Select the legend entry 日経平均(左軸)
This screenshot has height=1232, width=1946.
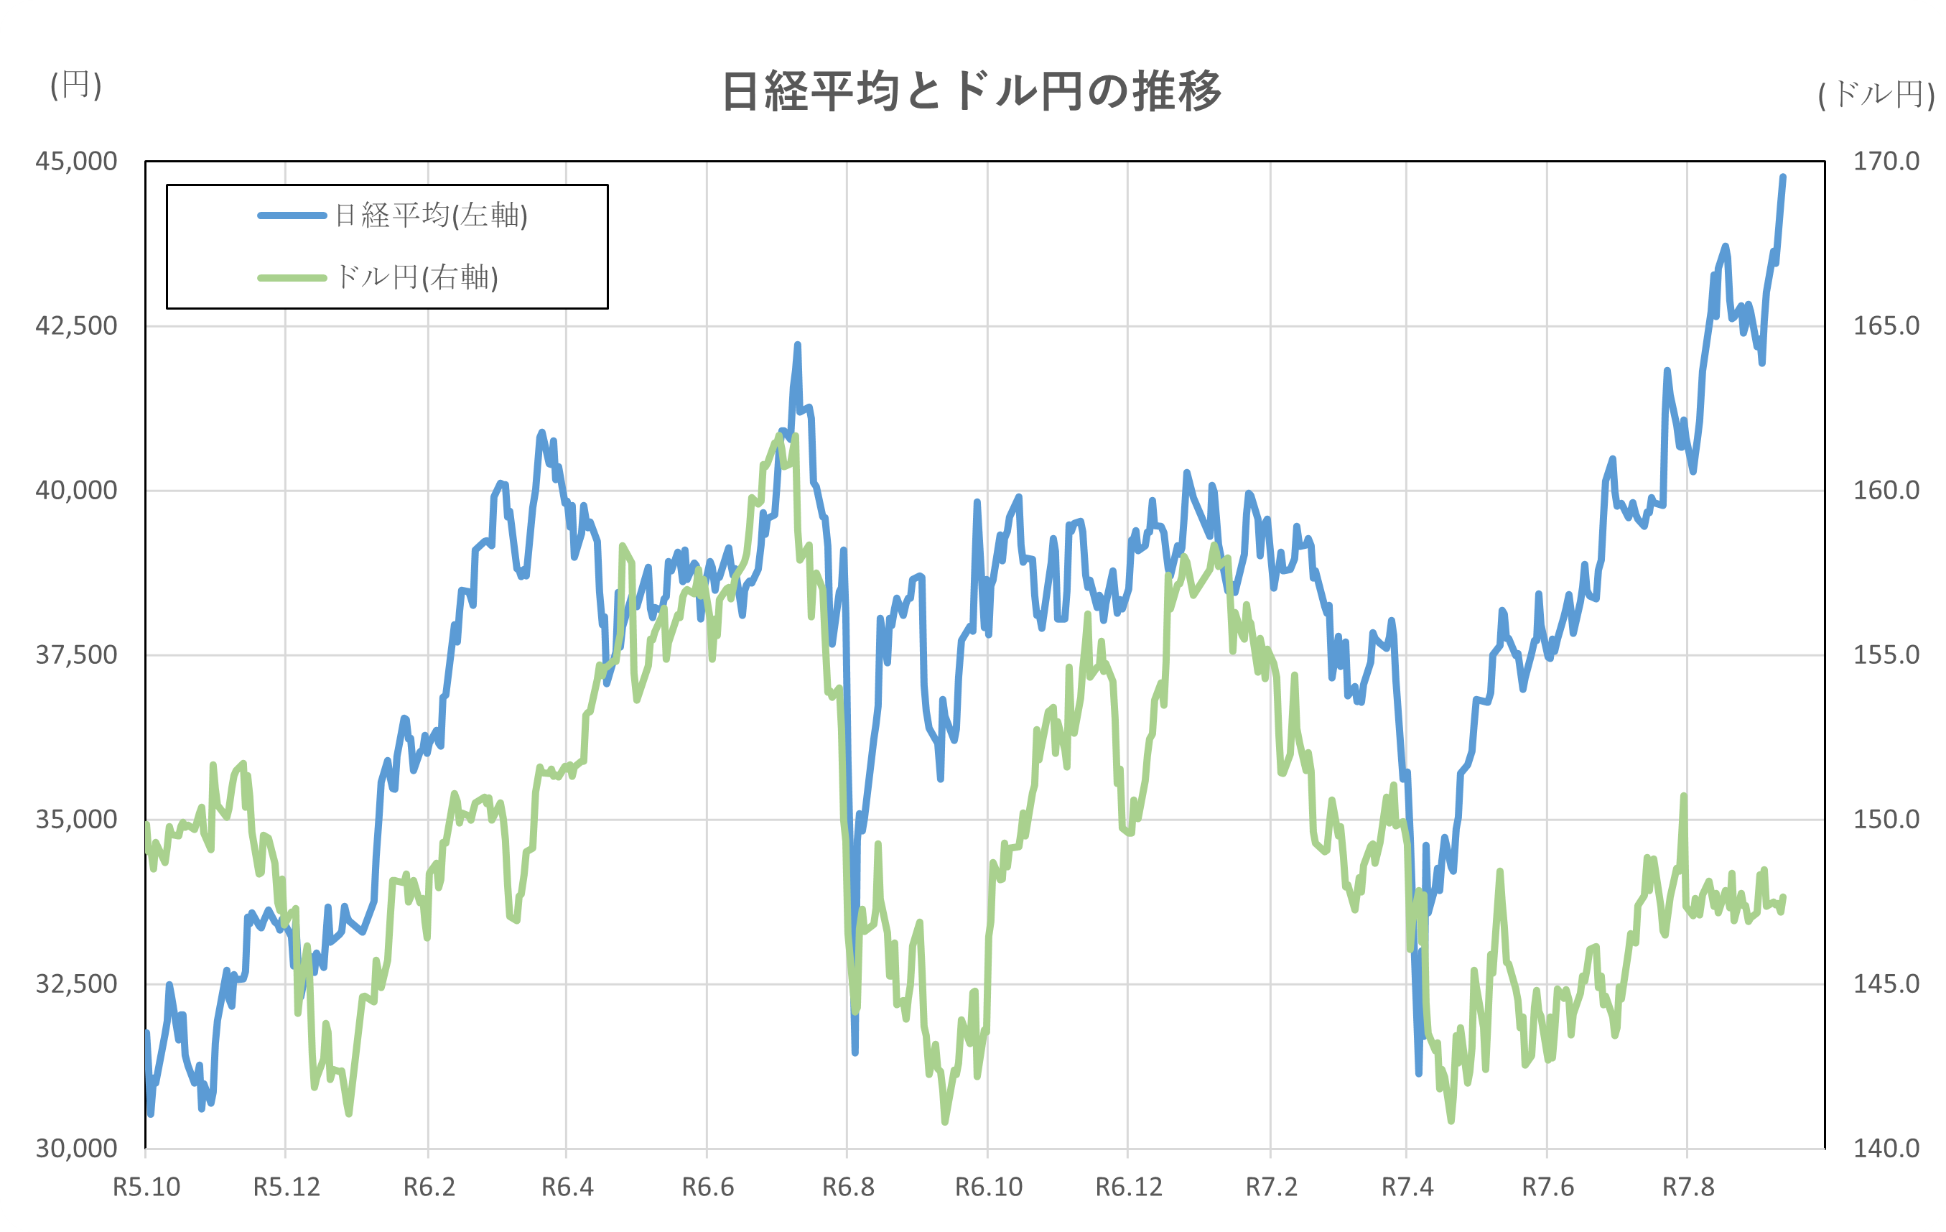click(x=430, y=216)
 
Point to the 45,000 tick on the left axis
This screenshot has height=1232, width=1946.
click(x=76, y=162)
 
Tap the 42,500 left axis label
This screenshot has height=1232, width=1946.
click(x=76, y=326)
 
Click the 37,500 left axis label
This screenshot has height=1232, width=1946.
click(x=76, y=655)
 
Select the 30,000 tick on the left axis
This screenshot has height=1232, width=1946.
click(x=76, y=1148)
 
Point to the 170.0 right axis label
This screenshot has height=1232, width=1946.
click(x=1886, y=162)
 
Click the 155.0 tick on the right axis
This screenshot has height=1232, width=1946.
click(x=1886, y=655)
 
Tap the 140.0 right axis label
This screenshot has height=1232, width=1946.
click(x=1886, y=1148)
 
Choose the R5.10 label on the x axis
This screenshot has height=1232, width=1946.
click(x=146, y=1187)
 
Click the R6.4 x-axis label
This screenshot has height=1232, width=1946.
click(x=567, y=1187)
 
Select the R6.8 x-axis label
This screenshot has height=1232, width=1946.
click(x=848, y=1187)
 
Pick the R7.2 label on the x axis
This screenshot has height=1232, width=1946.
click(x=1270, y=1187)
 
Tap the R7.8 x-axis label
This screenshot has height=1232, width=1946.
click(x=1687, y=1187)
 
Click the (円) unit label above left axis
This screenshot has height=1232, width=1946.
click(x=76, y=85)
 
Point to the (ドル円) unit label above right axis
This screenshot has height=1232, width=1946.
click(x=1876, y=96)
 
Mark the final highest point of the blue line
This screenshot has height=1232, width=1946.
click(x=1783, y=177)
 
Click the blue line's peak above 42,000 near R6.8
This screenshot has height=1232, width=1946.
click(x=797, y=346)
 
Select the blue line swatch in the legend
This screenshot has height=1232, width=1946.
click(x=292, y=216)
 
